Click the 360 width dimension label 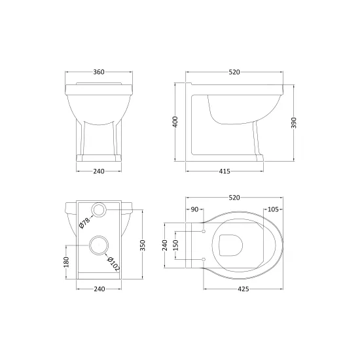click(x=99, y=72)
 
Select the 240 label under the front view click(x=99, y=171)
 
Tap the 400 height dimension click(x=175, y=122)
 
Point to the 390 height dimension click(x=294, y=122)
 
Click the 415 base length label click(x=225, y=171)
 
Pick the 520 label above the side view click(x=234, y=72)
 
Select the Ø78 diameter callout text click(x=84, y=223)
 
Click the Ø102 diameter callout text click(x=114, y=264)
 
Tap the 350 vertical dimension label click(x=142, y=245)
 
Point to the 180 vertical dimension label click(x=66, y=262)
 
